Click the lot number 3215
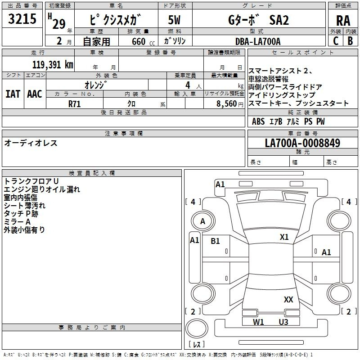coord(22,19)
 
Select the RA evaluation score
coord(343,20)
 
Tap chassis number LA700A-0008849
coord(302,143)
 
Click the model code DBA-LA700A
coord(258,41)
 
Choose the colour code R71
coord(75,103)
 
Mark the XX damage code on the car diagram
coord(288,299)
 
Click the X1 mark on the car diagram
coord(284,237)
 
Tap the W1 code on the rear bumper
coord(258,322)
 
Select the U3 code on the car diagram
coord(283,322)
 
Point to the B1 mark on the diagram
coord(216,241)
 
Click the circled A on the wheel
coord(202,221)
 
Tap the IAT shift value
coord(13,94)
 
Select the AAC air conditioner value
coord(35,94)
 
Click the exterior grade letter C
coord(336,41)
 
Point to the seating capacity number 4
coord(187,85)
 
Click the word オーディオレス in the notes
coord(31,143)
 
